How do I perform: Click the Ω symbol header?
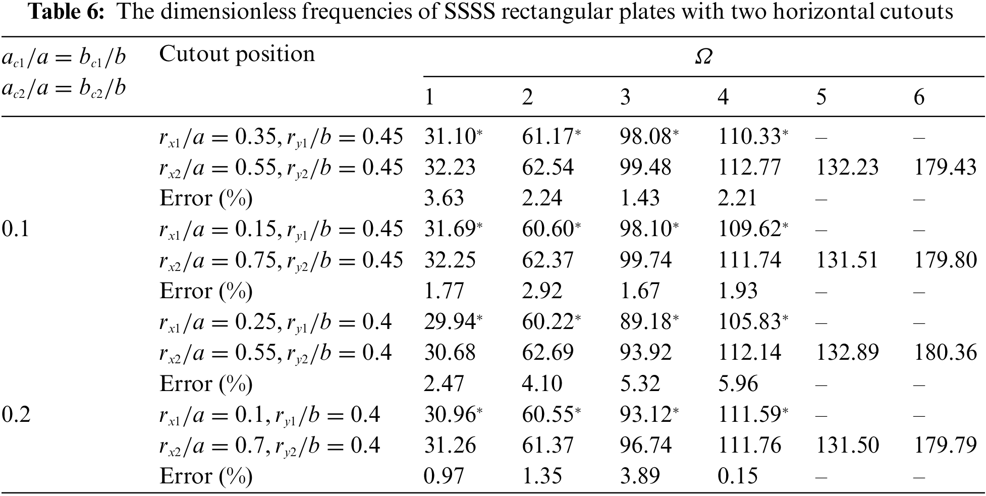(703, 58)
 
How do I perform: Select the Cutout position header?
(237, 54)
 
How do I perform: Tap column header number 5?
(821, 97)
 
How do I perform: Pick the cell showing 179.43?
(945, 168)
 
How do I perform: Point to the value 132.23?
(847, 168)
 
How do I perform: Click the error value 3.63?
(444, 198)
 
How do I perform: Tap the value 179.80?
(945, 260)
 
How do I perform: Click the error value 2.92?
(541, 291)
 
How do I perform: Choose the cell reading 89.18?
(645, 322)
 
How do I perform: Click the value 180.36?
(945, 353)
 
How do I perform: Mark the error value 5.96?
(738, 384)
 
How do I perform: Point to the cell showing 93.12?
(645, 415)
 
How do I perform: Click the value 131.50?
(847, 446)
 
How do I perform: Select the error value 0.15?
(738, 476)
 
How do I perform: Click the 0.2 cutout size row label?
(16, 415)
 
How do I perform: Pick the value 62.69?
(547, 353)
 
